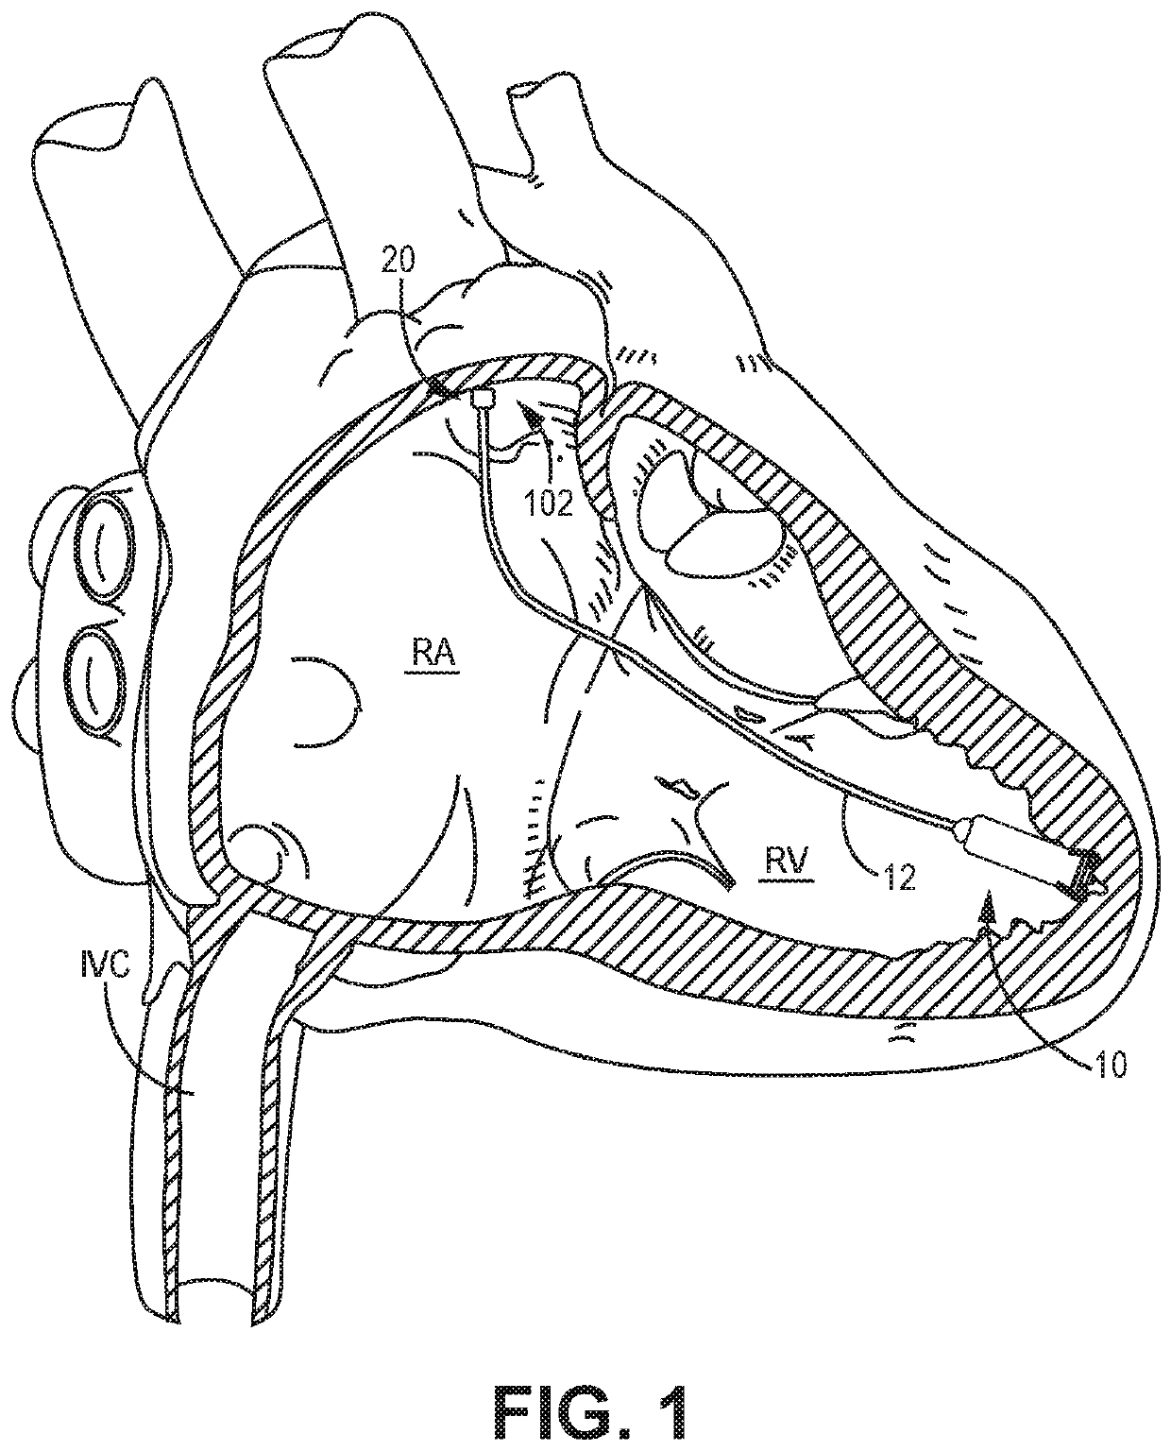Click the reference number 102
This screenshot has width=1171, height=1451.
click(552, 504)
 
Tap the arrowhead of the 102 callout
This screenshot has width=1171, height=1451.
click(537, 410)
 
